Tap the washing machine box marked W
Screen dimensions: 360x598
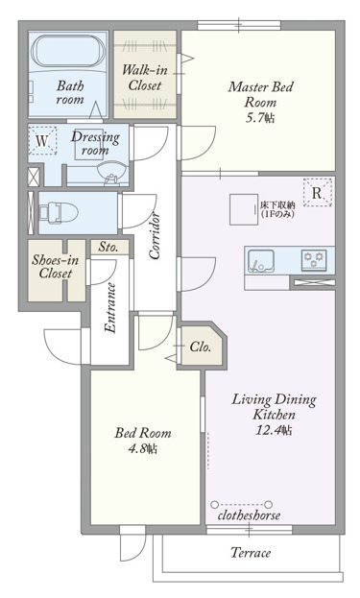(42, 141)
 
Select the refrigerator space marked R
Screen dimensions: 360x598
(318, 193)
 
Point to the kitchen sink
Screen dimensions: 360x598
(261, 261)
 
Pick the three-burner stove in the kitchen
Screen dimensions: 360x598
(314, 260)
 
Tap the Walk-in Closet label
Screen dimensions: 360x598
(145, 78)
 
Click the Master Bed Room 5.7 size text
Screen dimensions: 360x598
(260, 118)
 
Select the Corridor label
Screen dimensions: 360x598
(155, 236)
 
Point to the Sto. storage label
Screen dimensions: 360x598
(108, 247)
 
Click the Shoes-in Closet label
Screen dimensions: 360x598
(56, 267)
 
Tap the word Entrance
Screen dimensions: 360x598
(110, 308)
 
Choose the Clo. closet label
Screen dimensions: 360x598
(201, 347)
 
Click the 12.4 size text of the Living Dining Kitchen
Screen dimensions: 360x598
(274, 430)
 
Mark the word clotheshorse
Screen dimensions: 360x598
(249, 515)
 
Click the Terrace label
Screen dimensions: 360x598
(251, 553)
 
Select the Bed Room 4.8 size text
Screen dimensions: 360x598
(143, 448)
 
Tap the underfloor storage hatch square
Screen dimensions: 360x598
(244, 209)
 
